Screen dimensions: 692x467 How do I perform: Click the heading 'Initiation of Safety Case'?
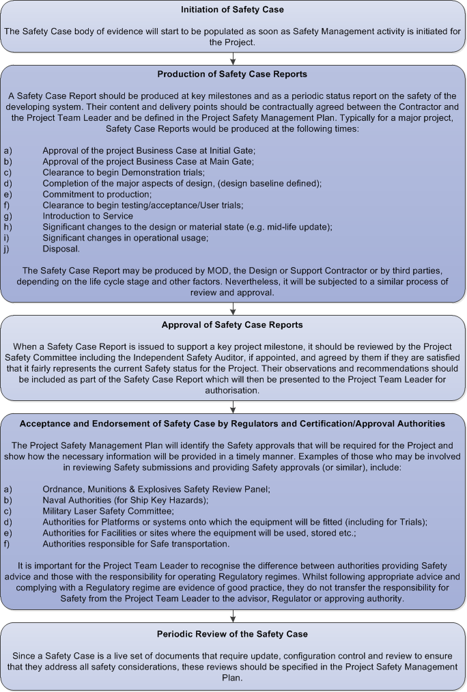pos(233,10)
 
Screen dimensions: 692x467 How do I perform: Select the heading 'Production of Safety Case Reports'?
pos(233,74)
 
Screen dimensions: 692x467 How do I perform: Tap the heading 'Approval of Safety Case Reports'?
pos(233,324)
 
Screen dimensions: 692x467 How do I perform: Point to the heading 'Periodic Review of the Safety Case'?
pos(233,635)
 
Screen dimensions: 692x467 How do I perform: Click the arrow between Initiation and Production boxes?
pos(233,59)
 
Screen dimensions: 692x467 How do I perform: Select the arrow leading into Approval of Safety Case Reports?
pos(233,308)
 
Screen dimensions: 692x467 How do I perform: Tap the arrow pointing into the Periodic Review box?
pos(233,617)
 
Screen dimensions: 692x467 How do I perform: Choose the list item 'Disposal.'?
pos(61,249)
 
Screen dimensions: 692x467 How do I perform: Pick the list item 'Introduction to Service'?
pos(87,216)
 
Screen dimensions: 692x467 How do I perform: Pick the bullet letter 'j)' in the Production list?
pos(8,249)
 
